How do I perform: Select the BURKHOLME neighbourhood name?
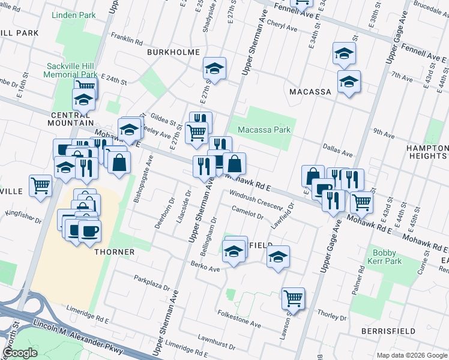click(173, 53)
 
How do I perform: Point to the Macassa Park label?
click(264, 130)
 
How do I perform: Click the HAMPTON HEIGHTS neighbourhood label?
click(427, 152)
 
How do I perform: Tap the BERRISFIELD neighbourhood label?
click(388, 331)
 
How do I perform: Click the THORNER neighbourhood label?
click(114, 252)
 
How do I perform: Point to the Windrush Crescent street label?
click(256, 199)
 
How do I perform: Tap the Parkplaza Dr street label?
click(152, 283)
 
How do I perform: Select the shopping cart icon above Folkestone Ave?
click(293, 297)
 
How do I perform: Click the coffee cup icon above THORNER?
click(89, 230)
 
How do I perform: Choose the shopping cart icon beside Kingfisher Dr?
click(40, 185)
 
